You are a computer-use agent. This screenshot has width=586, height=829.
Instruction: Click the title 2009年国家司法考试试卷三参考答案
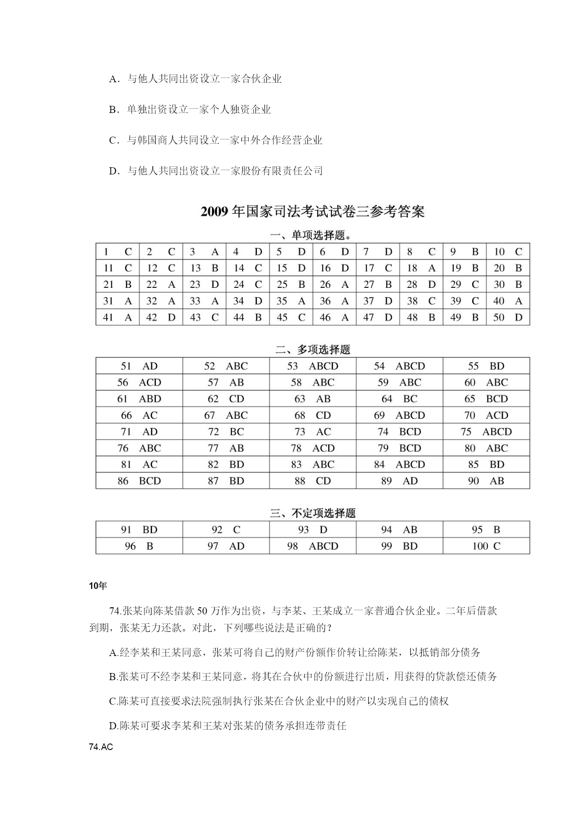click(x=313, y=211)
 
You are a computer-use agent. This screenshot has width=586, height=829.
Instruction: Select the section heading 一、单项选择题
click(x=312, y=235)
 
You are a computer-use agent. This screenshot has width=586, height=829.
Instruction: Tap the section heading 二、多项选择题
click(x=313, y=350)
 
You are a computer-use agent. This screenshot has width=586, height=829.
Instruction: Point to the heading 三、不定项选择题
click(x=313, y=513)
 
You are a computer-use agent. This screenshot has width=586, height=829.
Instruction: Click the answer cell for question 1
click(x=118, y=252)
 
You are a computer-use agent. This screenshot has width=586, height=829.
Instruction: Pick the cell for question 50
click(x=508, y=318)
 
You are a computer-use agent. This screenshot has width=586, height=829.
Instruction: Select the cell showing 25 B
click(x=291, y=285)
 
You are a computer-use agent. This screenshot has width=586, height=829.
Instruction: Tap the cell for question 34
click(x=247, y=301)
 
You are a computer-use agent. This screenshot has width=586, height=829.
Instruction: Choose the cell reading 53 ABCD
click(x=313, y=366)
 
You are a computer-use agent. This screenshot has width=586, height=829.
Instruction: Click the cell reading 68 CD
click(x=313, y=415)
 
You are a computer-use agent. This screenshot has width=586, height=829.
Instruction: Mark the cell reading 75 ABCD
click(x=486, y=432)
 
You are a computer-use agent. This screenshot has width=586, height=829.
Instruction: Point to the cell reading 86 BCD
click(x=139, y=481)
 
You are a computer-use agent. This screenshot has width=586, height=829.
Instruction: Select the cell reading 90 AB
click(x=486, y=481)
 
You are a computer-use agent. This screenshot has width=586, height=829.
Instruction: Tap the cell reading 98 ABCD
click(x=313, y=546)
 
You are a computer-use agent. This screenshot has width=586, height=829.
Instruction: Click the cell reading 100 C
click(x=486, y=546)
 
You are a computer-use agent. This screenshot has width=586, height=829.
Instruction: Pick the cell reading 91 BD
click(x=139, y=530)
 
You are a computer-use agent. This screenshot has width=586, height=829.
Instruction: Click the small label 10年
click(x=98, y=586)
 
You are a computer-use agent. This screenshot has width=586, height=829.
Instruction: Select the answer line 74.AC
click(x=101, y=747)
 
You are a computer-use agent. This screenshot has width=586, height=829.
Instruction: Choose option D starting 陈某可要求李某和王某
click(x=228, y=725)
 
